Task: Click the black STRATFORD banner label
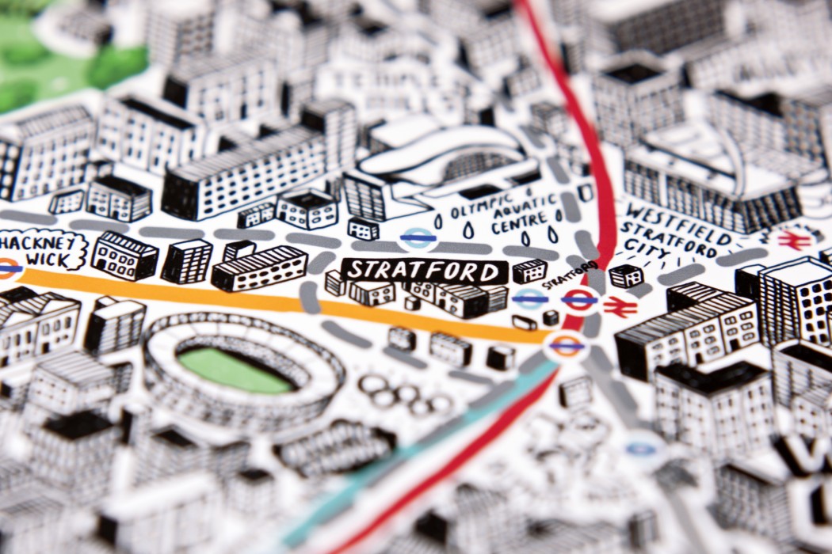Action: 424,271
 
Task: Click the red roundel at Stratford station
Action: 579,300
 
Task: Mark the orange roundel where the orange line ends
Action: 566,345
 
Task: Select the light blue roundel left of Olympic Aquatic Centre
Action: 417,236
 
